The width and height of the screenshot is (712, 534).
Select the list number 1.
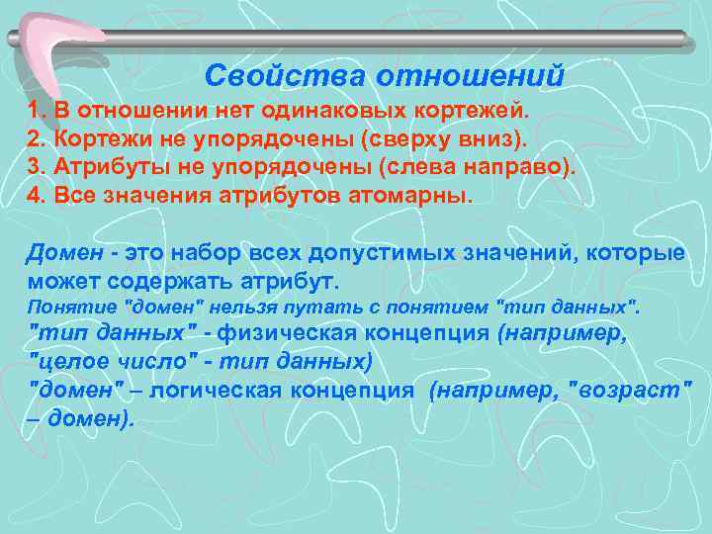[35, 108]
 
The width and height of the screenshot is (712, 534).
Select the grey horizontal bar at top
[396, 38]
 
